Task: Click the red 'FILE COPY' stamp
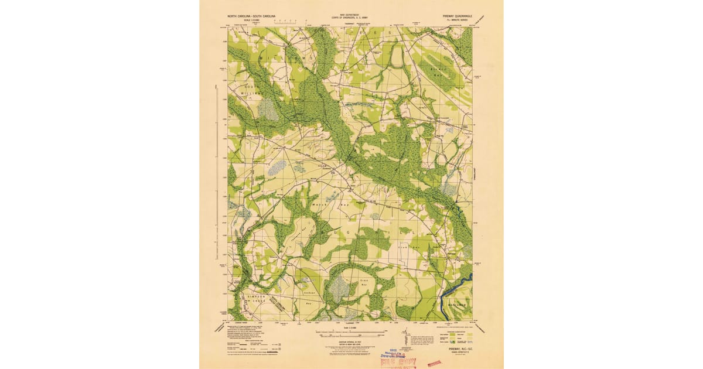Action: coord(397,362)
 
